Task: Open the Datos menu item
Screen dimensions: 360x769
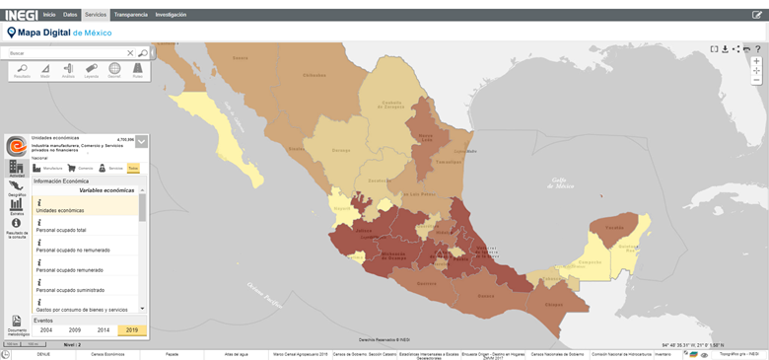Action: (70, 15)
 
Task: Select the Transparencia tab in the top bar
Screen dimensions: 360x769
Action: (130, 15)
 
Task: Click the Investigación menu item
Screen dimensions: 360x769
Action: (171, 15)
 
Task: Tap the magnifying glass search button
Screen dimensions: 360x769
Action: (143, 53)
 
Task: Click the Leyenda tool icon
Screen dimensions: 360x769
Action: (92, 69)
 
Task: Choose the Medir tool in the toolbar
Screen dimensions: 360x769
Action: (45, 69)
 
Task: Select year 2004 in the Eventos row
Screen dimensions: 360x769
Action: (46, 330)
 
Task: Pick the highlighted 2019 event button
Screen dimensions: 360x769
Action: (131, 330)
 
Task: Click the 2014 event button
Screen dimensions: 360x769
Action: (104, 330)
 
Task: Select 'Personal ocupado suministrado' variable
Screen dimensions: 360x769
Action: (71, 290)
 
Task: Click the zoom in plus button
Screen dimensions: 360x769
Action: (756, 61)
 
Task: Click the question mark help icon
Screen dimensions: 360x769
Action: (758, 48)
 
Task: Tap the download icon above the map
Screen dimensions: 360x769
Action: (726, 48)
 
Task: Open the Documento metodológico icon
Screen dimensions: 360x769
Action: (17, 324)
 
